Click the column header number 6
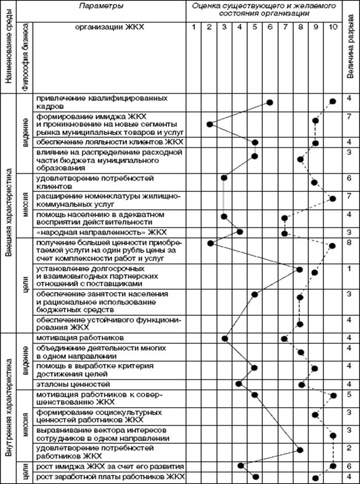270,27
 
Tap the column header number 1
194,27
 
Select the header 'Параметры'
105,6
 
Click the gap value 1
349,269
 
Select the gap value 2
349,447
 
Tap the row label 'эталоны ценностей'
73,385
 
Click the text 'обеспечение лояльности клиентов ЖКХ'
109,141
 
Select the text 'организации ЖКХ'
109,27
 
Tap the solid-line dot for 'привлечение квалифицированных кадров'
270,102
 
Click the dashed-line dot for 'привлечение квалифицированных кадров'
332,101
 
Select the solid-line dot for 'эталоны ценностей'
238,383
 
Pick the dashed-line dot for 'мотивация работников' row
284,338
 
